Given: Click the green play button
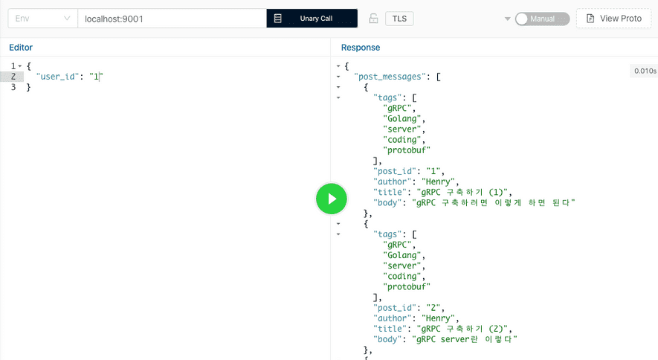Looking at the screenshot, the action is point(332,199).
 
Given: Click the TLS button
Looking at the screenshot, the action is point(399,19).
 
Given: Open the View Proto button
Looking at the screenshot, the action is point(613,19).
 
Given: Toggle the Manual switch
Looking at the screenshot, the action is point(542,19).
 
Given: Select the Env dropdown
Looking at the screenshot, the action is point(43,19).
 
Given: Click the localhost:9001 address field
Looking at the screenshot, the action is point(172,19).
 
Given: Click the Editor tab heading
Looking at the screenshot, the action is point(21,48).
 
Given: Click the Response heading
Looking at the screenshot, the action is point(361,48).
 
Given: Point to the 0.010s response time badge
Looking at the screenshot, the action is point(645,71).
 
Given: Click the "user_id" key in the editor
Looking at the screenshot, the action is point(57,77).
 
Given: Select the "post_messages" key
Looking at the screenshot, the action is point(390,77).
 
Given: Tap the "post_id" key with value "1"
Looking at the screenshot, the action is point(395,171).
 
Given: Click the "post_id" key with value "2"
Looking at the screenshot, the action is point(395,307).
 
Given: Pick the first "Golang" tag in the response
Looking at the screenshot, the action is point(402,119).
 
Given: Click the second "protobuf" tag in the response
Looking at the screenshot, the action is point(407,286).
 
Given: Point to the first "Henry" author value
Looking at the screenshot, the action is point(439,181).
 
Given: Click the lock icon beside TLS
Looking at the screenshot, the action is point(373,19).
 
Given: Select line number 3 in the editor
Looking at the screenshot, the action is point(13,87).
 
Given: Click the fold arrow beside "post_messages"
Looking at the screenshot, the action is point(338,77).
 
